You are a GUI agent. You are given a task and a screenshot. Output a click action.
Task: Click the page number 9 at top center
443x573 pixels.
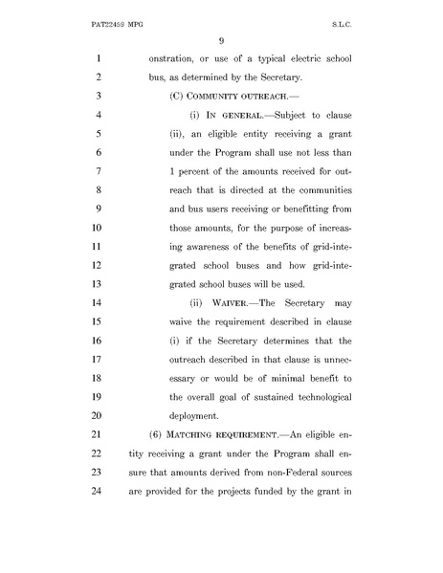[220, 39]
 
